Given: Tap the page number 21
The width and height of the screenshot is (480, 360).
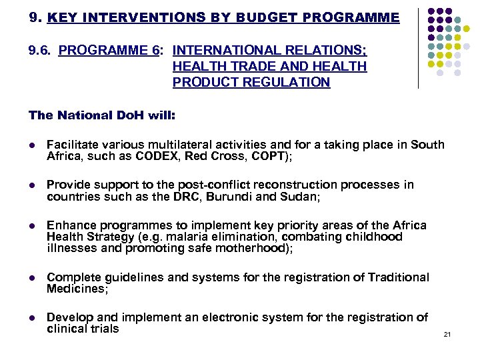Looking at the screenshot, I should [x=447, y=333].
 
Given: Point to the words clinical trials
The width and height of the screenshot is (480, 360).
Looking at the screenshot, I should [x=83, y=329].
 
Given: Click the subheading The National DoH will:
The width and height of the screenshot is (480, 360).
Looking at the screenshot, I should [x=102, y=115].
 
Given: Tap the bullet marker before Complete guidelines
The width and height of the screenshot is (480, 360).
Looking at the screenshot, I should [x=31, y=278].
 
